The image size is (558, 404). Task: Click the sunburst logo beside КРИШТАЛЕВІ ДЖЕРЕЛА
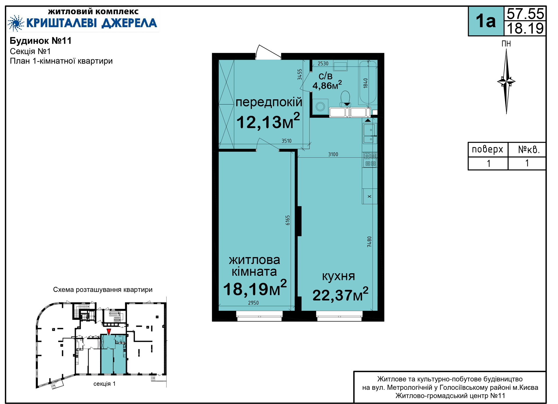click(16, 23)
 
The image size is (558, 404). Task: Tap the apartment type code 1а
click(486, 21)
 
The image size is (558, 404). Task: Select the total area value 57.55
click(525, 14)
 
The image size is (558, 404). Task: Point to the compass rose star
click(506, 81)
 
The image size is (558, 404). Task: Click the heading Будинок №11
click(41, 41)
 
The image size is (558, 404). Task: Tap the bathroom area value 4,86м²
click(327, 85)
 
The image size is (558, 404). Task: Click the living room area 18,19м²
click(255, 288)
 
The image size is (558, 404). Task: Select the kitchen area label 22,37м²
click(340, 294)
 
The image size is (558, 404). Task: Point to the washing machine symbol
click(320, 106)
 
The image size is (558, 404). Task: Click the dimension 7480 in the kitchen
click(369, 242)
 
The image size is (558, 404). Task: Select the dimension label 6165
click(287, 220)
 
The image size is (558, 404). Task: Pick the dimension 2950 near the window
click(253, 303)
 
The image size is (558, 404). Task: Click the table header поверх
click(487, 149)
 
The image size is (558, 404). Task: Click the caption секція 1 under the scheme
click(104, 384)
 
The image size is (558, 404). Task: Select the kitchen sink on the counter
click(370, 134)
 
